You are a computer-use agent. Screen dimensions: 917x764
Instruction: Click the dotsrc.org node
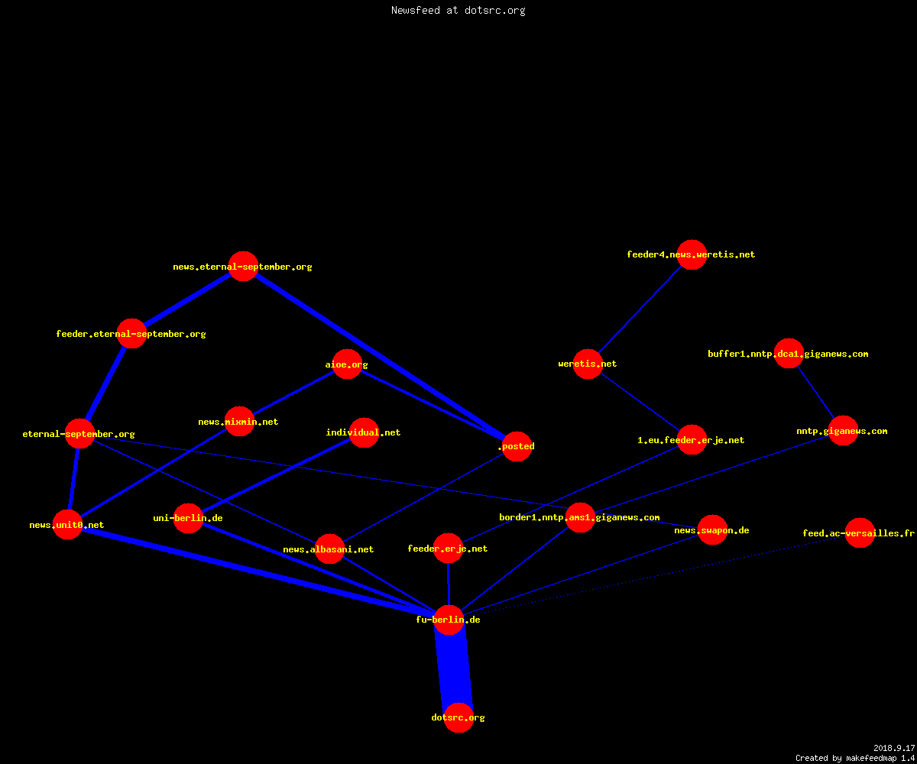[x=458, y=717]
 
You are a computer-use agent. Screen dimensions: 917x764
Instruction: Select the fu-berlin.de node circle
[x=449, y=620]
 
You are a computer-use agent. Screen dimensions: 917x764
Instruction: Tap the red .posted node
[x=517, y=446]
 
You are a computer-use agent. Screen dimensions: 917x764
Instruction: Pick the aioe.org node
[x=347, y=364]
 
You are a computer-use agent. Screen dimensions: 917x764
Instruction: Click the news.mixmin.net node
[x=239, y=422]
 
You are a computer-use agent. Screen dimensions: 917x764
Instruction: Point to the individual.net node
[x=364, y=432]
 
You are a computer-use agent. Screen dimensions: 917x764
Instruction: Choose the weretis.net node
[x=588, y=364]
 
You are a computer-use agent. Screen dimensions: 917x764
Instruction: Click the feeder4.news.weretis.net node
[x=692, y=254]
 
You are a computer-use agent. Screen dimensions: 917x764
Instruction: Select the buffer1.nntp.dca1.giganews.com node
[x=789, y=354]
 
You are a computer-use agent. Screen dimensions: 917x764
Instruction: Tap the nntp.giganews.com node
[x=843, y=431]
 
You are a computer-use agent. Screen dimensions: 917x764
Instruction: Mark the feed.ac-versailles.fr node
[x=860, y=533]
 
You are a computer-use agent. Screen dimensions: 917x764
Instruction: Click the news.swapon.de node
[x=712, y=530]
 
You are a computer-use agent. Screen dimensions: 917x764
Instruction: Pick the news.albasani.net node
[x=329, y=549]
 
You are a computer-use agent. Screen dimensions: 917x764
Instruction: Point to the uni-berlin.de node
[x=188, y=518]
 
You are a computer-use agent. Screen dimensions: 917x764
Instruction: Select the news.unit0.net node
[x=67, y=525]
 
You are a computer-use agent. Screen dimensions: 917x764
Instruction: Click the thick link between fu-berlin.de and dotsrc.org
[x=454, y=668]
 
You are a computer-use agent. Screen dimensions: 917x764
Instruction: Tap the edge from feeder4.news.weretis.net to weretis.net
[x=640, y=309]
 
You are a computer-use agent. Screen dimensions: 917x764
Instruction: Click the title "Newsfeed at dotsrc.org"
[x=458, y=10]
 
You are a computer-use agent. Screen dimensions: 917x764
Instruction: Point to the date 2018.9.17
[x=894, y=748]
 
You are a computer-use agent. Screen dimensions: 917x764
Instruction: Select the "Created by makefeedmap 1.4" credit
[x=855, y=759]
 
